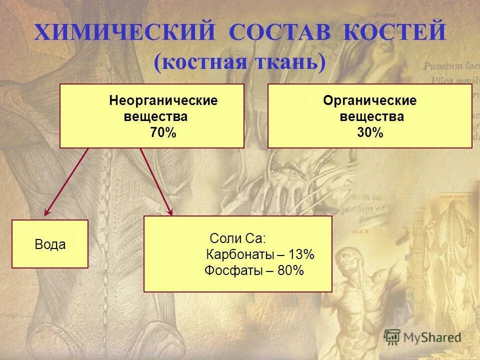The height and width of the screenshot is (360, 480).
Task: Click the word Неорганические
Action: click(x=163, y=100)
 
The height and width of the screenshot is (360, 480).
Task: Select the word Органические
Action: click(x=369, y=100)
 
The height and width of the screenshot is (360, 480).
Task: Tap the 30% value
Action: click(x=370, y=133)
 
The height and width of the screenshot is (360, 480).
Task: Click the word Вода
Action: click(x=50, y=244)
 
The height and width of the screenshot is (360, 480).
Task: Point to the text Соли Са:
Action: click(x=238, y=237)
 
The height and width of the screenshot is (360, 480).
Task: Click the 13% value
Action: click(x=301, y=254)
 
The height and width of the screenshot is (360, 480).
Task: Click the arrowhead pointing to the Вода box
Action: click(x=47, y=212)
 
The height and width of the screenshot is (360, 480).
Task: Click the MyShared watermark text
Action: click(x=432, y=337)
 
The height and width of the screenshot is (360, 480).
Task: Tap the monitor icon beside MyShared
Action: click(x=392, y=336)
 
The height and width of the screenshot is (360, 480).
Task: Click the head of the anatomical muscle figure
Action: click(x=346, y=259)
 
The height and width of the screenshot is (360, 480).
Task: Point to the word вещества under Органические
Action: click(x=371, y=117)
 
